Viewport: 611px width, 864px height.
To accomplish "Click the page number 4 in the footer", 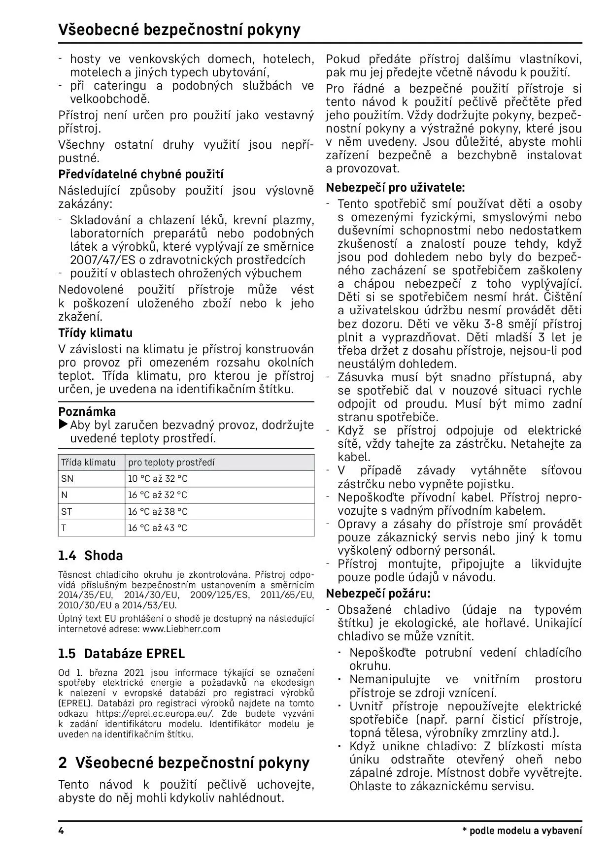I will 61,831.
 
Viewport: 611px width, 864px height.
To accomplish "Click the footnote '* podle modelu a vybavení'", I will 522,831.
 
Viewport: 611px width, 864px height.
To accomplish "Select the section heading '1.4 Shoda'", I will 90,556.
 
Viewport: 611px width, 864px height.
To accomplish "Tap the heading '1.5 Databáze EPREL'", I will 121,654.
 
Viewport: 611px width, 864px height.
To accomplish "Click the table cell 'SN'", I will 67,479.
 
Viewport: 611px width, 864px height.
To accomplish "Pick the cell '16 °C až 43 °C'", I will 158,528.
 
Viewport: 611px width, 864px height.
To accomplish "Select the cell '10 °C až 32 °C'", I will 158,479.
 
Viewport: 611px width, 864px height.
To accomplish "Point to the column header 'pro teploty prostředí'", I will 171,463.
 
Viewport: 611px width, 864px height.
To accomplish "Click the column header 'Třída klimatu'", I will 88,463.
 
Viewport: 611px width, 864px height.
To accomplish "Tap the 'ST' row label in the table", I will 67,512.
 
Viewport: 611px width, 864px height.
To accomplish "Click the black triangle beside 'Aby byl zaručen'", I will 64,425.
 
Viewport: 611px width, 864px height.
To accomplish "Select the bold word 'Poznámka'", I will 87,412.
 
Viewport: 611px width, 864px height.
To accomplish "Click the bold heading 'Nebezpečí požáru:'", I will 378,593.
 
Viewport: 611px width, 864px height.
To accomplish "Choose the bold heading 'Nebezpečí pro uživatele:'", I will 395,188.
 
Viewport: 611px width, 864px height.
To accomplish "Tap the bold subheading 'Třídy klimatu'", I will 95,333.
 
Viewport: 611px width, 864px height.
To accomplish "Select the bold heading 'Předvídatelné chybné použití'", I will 141,174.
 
